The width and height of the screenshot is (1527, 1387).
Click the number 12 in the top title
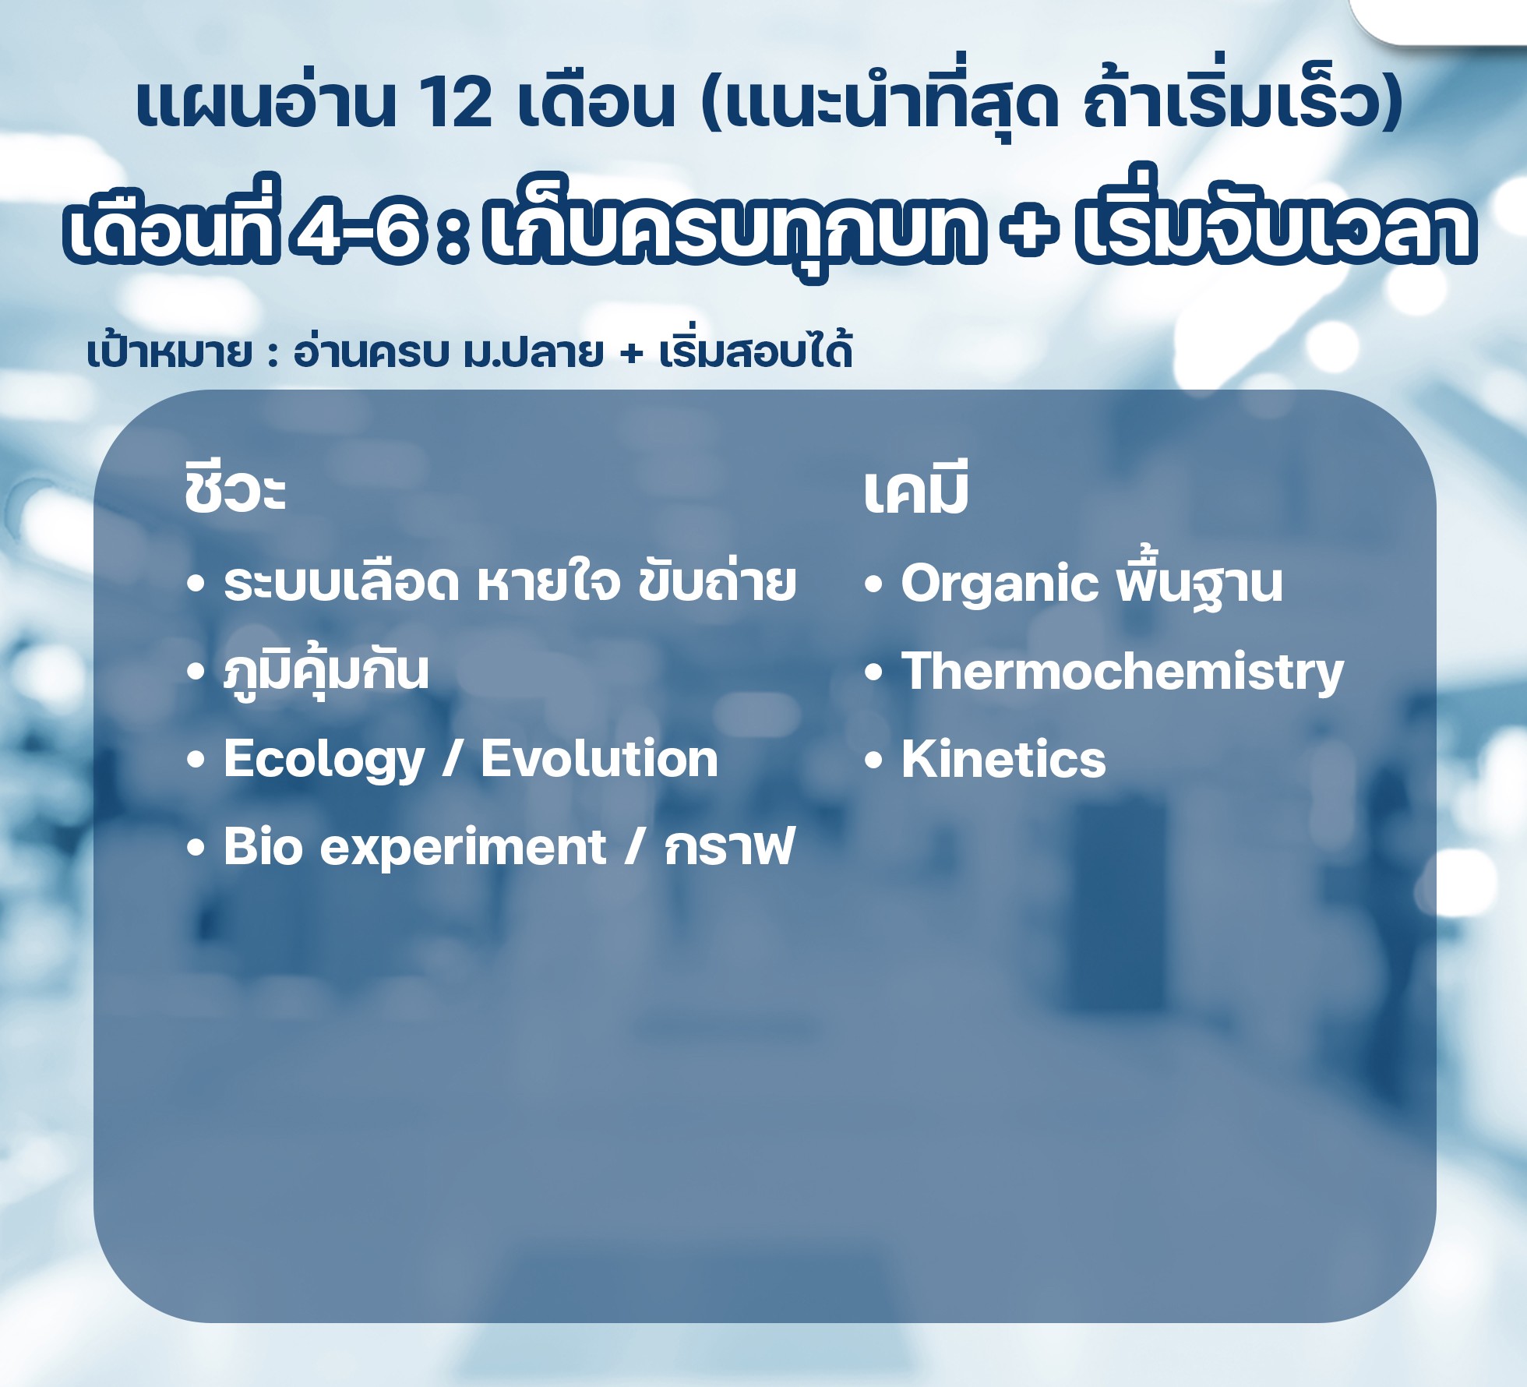456,104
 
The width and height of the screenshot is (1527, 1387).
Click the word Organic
1000,584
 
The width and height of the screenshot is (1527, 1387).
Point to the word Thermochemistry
1123,672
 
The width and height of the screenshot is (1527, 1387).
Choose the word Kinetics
1003,759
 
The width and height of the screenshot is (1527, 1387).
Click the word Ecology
324,761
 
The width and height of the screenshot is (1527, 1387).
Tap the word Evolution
599,759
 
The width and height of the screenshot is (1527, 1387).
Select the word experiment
464,848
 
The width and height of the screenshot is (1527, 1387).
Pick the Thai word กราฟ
729,847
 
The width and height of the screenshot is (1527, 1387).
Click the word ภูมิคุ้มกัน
326,672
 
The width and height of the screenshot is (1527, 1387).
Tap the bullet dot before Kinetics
873,760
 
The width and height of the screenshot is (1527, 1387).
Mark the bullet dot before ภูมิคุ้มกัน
196,672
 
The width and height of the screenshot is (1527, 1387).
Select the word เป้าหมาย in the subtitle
171,352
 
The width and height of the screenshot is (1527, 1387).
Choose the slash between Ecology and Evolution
453,760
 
